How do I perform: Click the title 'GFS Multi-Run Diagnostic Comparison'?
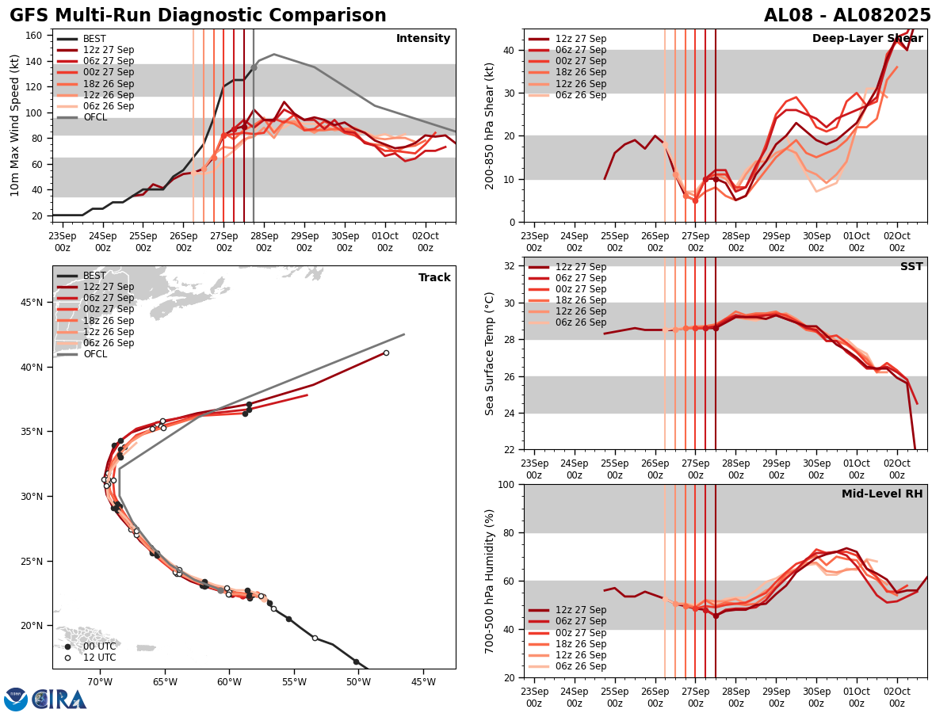coord(198,16)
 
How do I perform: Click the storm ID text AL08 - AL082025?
coord(847,16)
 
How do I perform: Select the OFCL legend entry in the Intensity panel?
coord(95,117)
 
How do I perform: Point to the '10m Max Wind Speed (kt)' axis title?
coord(15,125)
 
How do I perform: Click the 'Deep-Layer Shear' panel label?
coord(867,39)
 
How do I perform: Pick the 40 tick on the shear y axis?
coord(511,50)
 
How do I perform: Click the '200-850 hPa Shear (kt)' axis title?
coord(490,125)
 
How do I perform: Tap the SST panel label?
coord(911,267)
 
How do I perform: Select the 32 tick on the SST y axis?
coord(511,266)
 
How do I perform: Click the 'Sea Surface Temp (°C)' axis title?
coord(490,353)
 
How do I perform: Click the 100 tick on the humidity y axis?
coord(507,484)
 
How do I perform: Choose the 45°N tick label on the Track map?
coord(31,303)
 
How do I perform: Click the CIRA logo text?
coord(59,699)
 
